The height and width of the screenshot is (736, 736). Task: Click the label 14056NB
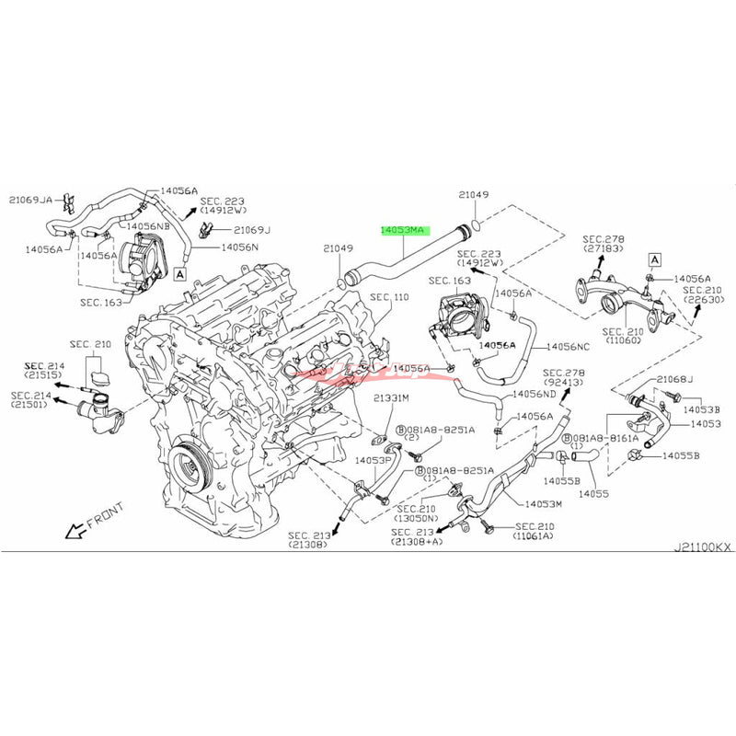click(x=148, y=225)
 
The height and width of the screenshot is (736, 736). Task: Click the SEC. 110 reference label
click(x=388, y=297)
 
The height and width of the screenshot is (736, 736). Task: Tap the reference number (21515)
click(x=43, y=376)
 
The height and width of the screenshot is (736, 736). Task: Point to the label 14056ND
click(x=535, y=394)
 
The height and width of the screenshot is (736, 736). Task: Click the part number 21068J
click(x=675, y=380)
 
